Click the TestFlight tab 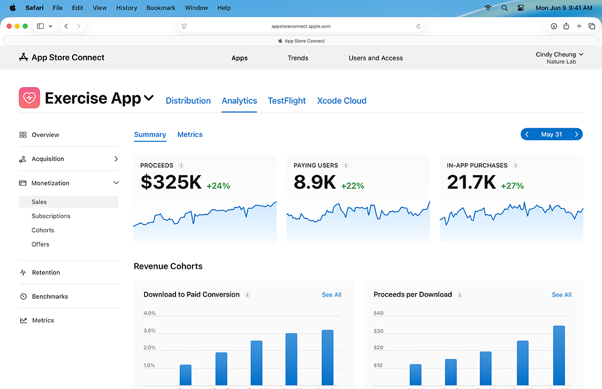pos(286,101)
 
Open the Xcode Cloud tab pos(342,101)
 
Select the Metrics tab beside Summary pos(190,134)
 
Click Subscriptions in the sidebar pos(51,216)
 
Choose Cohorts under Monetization pos(43,230)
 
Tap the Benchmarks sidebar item pos(50,296)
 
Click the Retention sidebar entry pos(46,273)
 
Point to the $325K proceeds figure pos(171,182)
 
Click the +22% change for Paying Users pos(352,186)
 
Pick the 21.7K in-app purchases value pos(471,182)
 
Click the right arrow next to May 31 pos(576,134)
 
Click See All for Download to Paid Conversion pos(332,295)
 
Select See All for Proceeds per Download pos(561,295)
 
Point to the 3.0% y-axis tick pos(150,331)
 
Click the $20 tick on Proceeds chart pos(378,348)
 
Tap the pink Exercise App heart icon pos(30,98)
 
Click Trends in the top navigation pos(298,58)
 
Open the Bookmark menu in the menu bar pos(160,8)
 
